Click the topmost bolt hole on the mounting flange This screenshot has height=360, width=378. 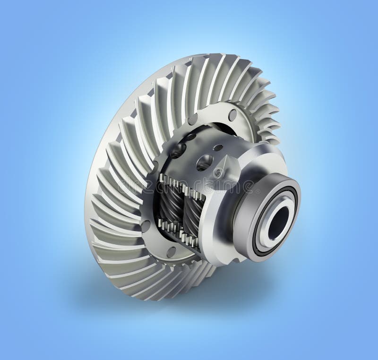pos(232,114)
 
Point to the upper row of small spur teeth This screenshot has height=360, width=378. pos(180,181)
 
